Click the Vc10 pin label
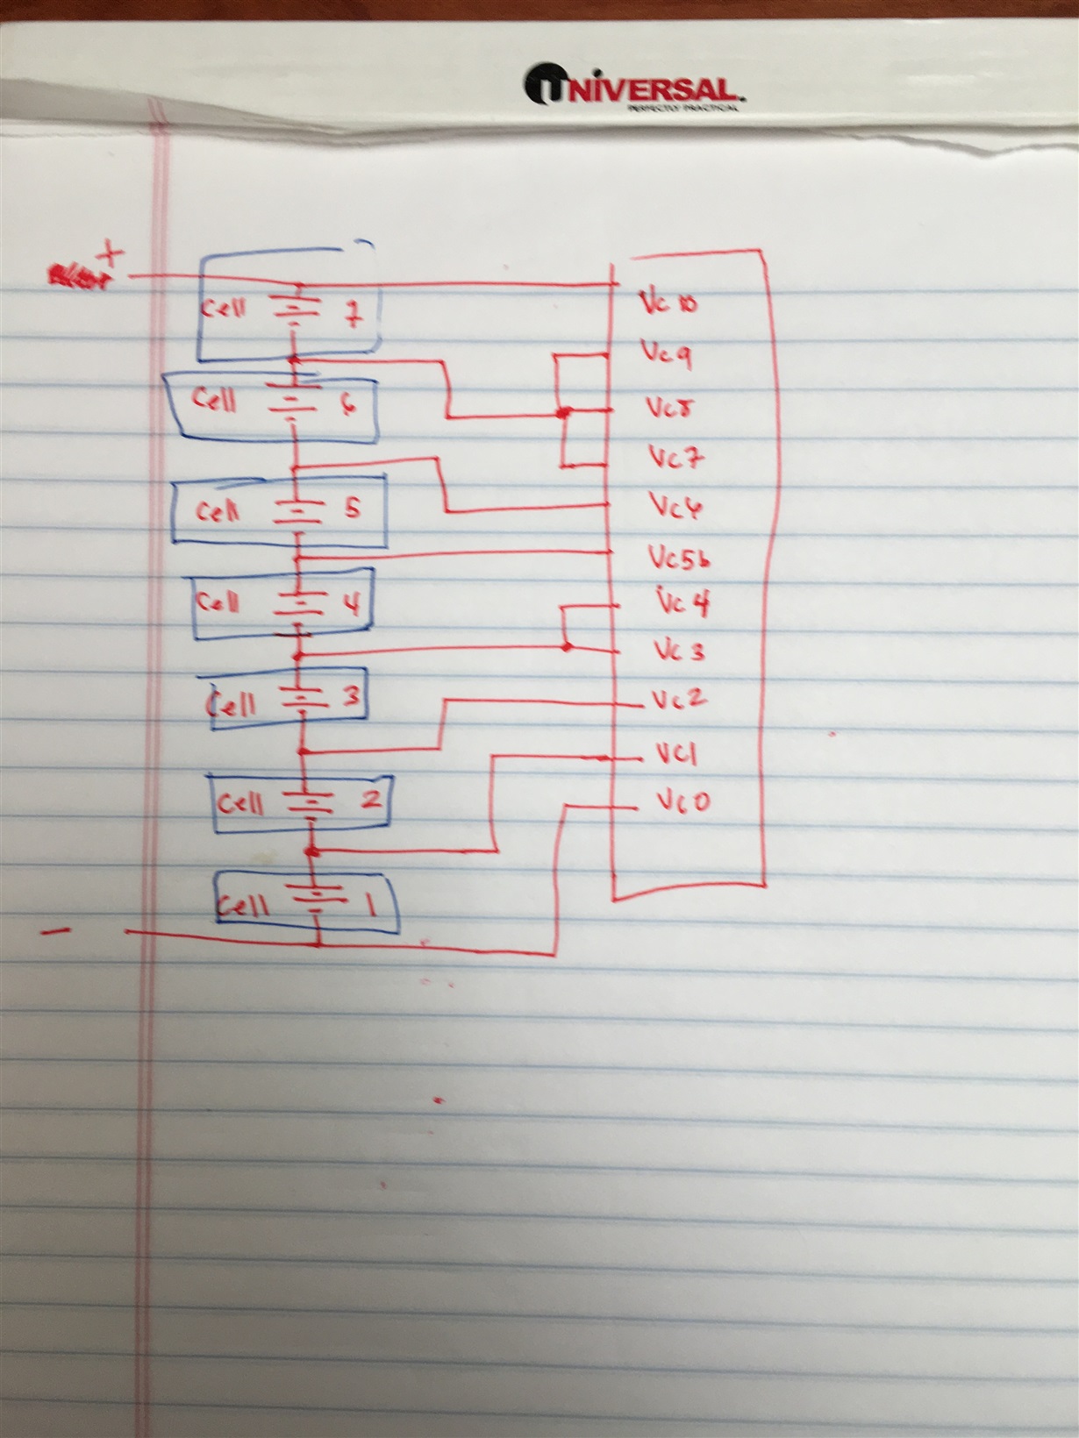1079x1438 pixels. (668, 303)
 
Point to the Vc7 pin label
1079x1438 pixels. (675, 457)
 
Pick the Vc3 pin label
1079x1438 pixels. (679, 651)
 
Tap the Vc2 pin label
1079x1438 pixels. (679, 700)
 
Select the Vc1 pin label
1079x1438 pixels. (676, 753)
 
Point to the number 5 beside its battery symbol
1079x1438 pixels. (352, 508)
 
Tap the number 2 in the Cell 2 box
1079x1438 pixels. (370, 799)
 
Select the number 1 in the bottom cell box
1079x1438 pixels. (371, 904)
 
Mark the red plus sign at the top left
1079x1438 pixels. (111, 254)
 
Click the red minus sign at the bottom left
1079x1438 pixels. (56, 932)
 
